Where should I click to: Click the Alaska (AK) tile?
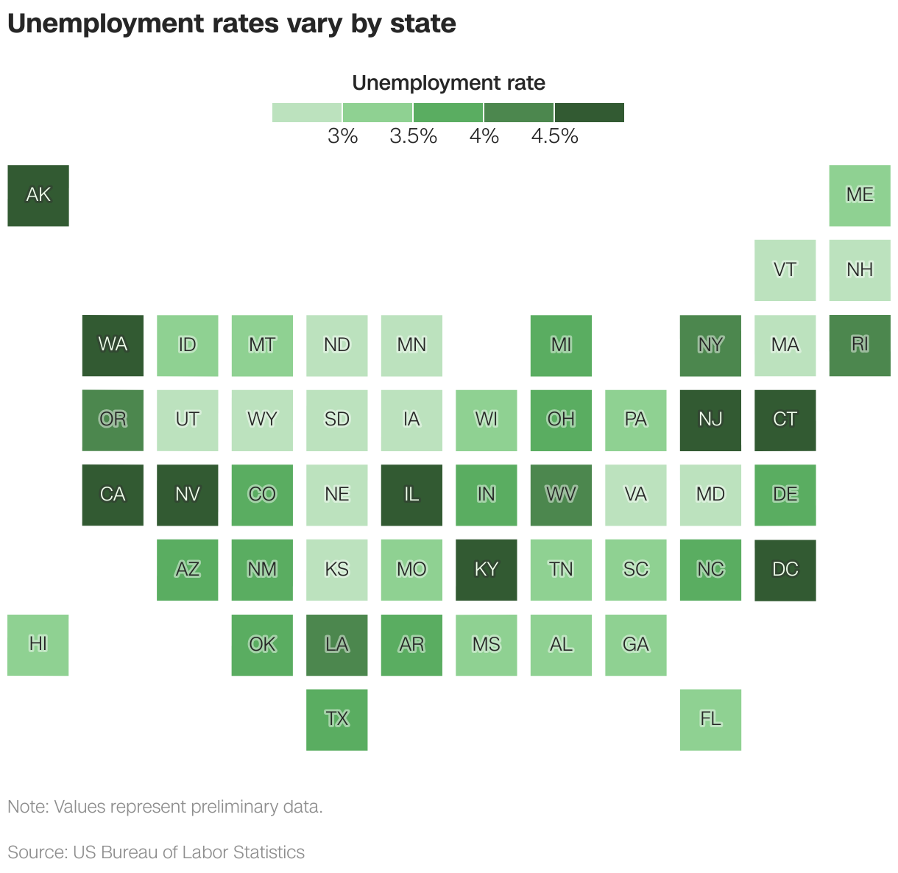[x=38, y=195]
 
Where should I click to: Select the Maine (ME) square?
[x=860, y=195]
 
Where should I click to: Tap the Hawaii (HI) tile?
[x=38, y=645]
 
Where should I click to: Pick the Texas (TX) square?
[x=337, y=719]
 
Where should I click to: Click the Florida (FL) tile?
[x=710, y=719]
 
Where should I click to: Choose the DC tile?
[x=785, y=570]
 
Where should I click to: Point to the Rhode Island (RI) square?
[x=860, y=345]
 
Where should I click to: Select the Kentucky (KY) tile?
[x=487, y=570]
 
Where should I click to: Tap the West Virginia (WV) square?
[x=561, y=495]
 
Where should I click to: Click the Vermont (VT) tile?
[x=785, y=270]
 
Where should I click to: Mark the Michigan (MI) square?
[x=561, y=345]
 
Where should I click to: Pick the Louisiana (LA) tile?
[x=337, y=645]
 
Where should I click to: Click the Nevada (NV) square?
[x=188, y=495]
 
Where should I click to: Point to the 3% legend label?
[x=343, y=136]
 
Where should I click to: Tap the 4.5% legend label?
[x=555, y=136]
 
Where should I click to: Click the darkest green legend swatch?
[x=590, y=113]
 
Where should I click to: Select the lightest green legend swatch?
[x=307, y=113]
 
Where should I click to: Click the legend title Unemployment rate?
[x=448, y=83]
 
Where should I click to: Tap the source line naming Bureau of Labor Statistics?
[x=156, y=852]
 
